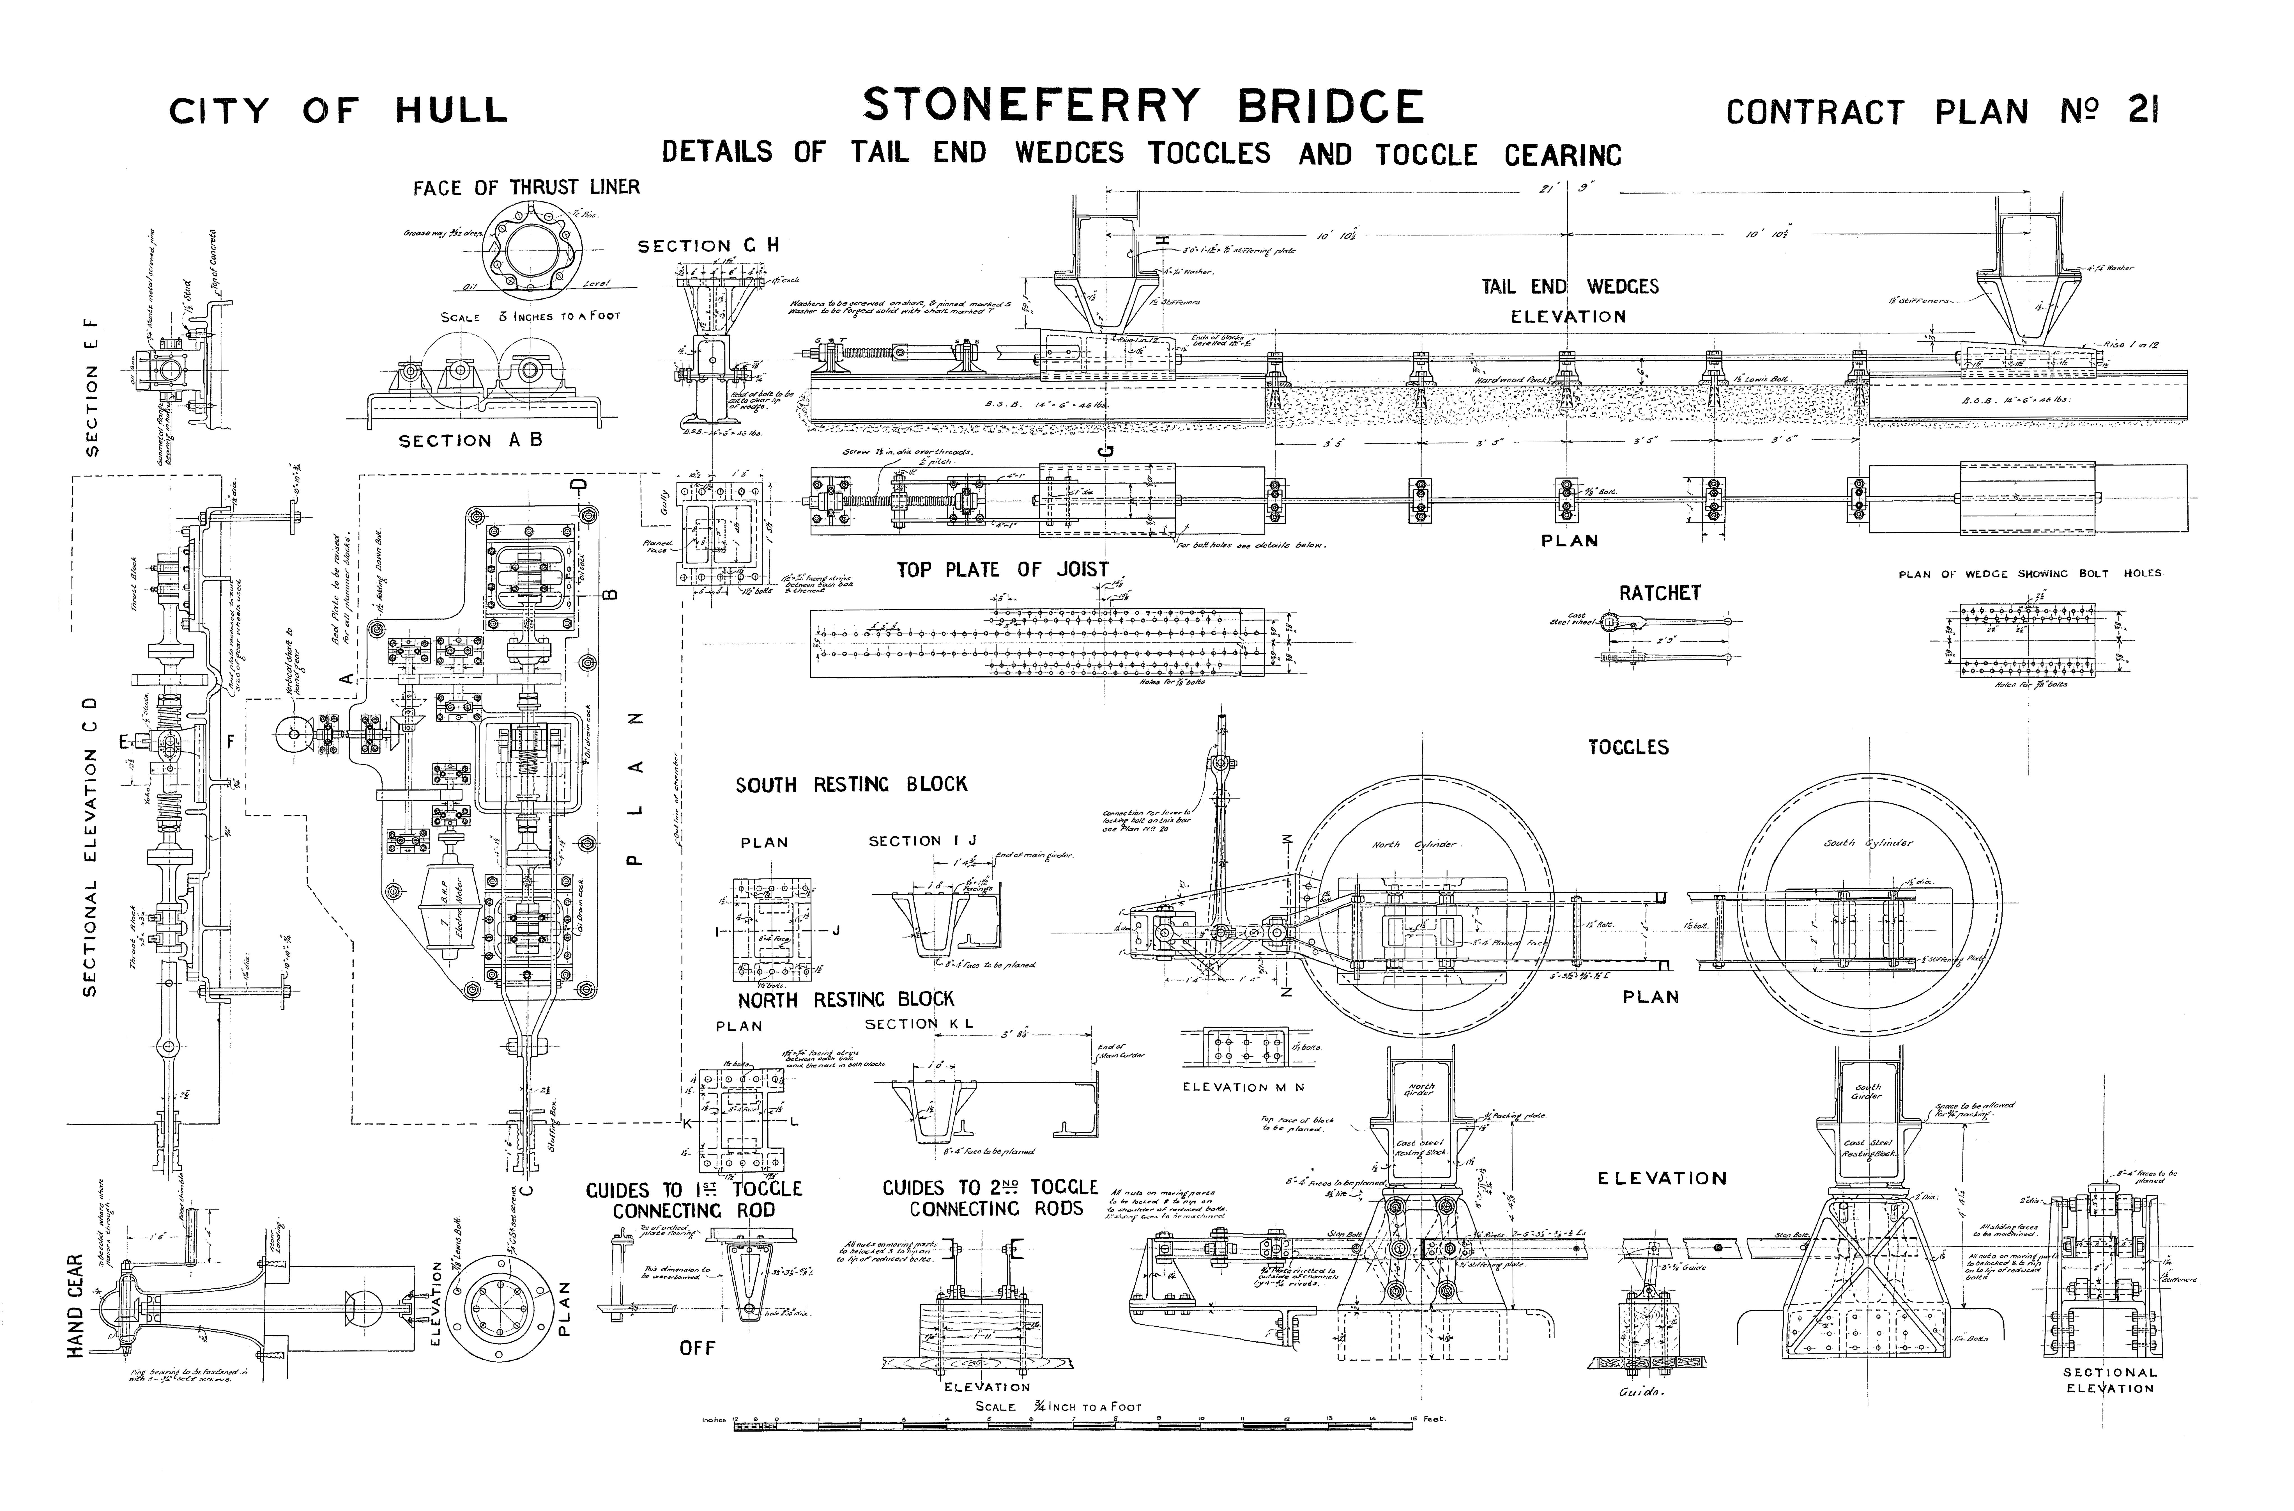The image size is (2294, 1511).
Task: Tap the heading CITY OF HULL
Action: pyautogui.click(x=338, y=111)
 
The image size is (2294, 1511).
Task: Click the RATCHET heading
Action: pyautogui.click(x=1660, y=593)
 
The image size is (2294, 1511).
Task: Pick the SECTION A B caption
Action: pyautogui.click(x=470, y=441)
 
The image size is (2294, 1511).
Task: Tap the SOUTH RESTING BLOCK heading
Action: pyautogui.click(x=851, y=785)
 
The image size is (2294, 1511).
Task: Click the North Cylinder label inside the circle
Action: pyautogui.click(x=1414, y=845)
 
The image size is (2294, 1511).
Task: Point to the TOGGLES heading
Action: pyautogui.click(x=1628, y=747)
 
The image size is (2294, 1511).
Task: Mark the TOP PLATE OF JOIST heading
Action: pyautogui.click(x=1002, y=570)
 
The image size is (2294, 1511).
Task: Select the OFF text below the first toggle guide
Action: pyautogui.click(x=697, y=1348)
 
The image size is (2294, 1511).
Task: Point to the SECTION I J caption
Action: pyautogui.click(x=922, y=841)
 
